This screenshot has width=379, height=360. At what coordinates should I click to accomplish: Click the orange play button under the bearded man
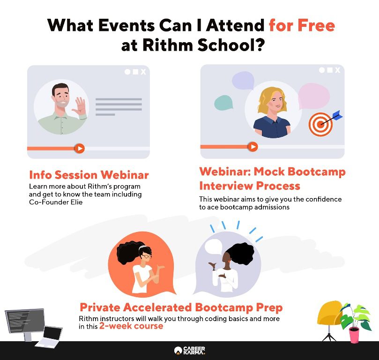click(x=80, y=148)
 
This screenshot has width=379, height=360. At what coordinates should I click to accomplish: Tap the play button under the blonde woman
click(x=253, y=147)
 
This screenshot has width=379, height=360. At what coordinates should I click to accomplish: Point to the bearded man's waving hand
click(x=80, y=106)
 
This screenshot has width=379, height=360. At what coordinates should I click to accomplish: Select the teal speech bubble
click(x=223, y=103)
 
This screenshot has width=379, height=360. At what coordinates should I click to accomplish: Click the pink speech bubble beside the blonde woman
click(x=313, y=96)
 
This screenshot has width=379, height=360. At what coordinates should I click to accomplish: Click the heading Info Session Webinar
click(x=89, y=175)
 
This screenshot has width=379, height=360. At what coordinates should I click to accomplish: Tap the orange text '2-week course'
click(x=131, y=326)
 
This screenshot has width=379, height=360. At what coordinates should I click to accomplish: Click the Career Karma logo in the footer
click(x=189, y=350)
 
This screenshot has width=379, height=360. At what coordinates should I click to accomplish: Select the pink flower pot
click(x=354, y=335)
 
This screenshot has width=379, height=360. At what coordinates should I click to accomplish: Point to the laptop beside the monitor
click(x=49, y=336)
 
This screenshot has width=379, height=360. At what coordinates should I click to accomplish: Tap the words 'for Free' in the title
click(x=302, y=25)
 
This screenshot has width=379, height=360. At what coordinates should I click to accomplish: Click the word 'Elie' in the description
click(x=77, y=202)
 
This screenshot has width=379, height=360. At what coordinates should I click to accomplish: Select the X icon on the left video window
click(x=143, y=72)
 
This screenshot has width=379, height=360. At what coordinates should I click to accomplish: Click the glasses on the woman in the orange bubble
click(x=147, y=256)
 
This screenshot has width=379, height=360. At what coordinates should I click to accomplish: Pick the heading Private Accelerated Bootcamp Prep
click(x=181, y=307)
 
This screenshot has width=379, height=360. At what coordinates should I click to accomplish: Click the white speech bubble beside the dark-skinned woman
click(x=213, y=247)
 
